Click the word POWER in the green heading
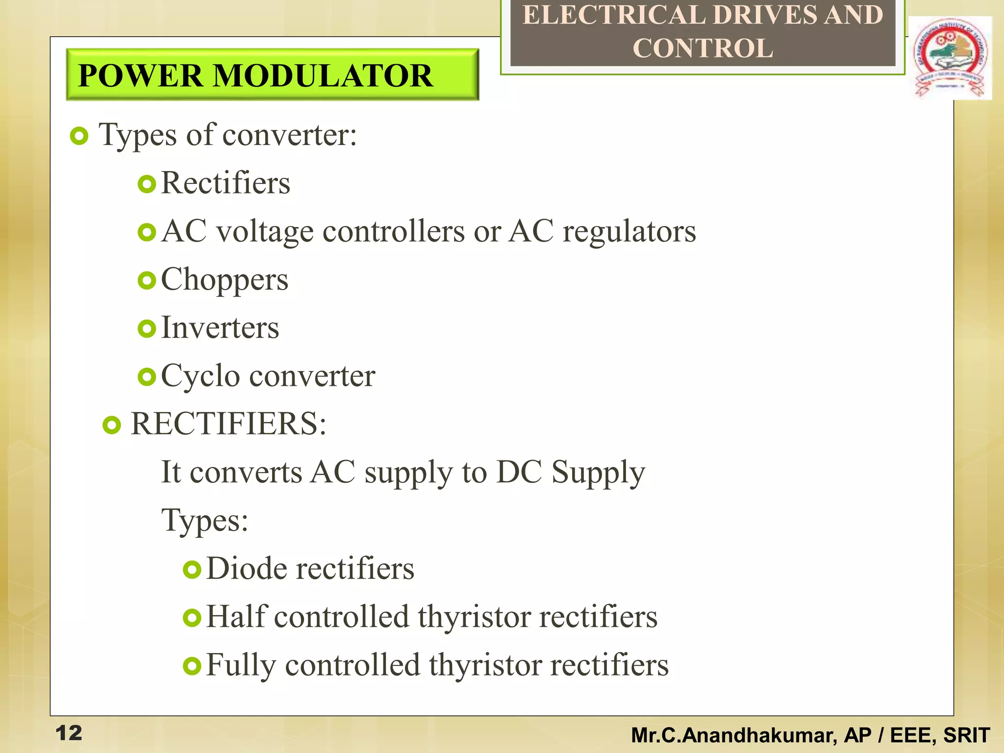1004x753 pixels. [x=140, y=76]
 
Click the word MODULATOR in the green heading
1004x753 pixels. [x=323, y=76]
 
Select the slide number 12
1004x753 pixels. [x=69, y=733]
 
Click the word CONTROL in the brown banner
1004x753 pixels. [x=703, y=48]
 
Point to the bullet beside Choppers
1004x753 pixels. [x=147, y=280]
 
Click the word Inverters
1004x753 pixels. [x=220, y=327]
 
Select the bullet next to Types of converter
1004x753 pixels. [x=79, y=136]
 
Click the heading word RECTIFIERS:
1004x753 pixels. [x=228, y=424]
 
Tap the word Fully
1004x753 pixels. [x=241, y=665]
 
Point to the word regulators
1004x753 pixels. [x=629, y=231]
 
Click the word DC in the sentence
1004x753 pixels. [x=519, y=472]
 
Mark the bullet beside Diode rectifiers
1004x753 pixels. [x=192, y=570]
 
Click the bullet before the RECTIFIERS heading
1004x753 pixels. [x=112, y=425]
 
